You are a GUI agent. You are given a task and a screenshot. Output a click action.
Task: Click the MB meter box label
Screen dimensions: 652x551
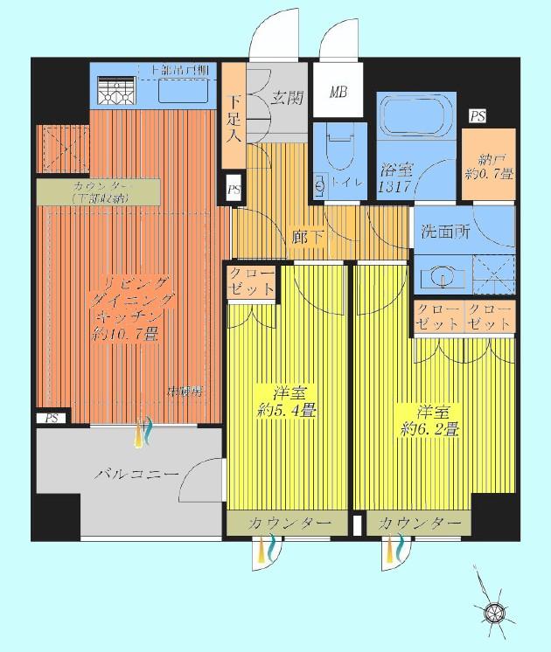click(337, 92)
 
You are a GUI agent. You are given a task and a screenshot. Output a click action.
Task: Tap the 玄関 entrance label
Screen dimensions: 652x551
click(285, 98)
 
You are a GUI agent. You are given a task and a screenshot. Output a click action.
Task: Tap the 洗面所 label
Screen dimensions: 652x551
click(446, 233)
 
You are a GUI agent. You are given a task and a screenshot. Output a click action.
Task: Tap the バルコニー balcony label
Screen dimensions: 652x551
click(135, 475)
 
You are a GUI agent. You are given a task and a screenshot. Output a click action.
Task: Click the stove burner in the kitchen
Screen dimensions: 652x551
click(113, 91)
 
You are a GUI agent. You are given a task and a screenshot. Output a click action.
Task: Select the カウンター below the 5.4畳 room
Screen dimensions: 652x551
click(289, 523)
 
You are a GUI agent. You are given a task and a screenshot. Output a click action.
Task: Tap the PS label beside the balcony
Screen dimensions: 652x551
click(52, 418)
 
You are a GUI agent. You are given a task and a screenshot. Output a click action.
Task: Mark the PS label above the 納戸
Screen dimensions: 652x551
click(478, 116)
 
